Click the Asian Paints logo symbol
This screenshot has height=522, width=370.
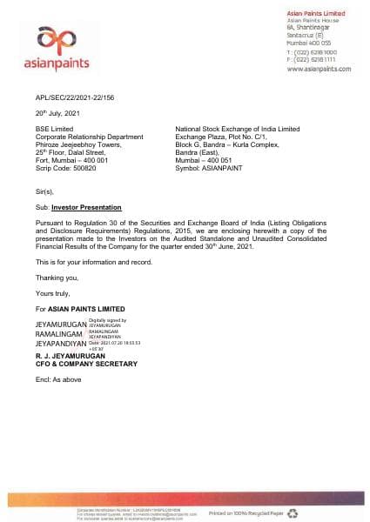coord(54,38)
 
